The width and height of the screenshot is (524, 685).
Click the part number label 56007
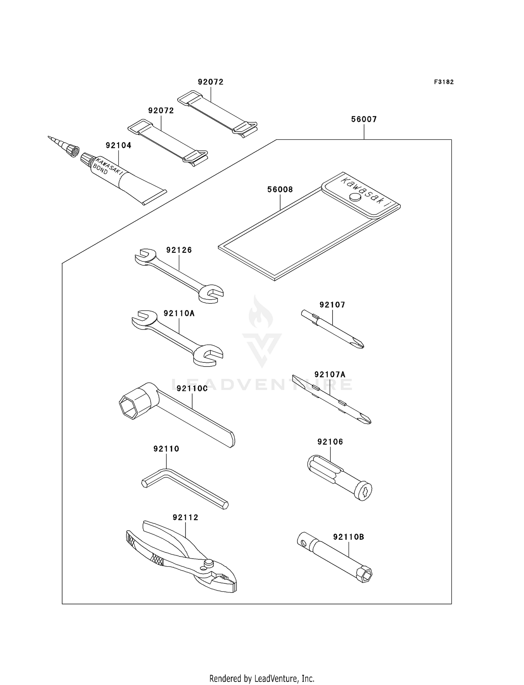coord(364,119)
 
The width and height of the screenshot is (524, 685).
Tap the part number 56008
coord(280,190)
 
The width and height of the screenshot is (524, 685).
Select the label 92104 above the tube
coord(118,145)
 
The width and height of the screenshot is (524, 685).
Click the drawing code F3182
coord(444,82)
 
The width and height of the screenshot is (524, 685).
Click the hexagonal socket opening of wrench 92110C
coord(129,407)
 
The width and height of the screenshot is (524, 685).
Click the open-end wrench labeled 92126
coord(179,275)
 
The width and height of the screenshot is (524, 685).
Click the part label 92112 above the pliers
coord(185,517)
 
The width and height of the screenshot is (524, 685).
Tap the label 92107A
coord(330,375)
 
